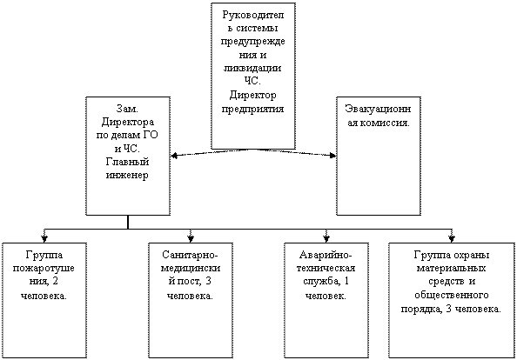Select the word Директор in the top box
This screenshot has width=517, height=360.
coord(253,96)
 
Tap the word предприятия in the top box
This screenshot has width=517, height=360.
coord(253,110)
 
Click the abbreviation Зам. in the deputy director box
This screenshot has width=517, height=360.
coord(128,109)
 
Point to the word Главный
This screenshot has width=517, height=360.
coord(128,162)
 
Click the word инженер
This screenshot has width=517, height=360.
coord(127,176)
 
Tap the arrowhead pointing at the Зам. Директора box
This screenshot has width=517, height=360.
coord(175,156)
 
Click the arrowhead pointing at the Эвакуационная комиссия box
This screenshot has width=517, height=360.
coord(332,155)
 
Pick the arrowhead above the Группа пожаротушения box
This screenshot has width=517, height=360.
coord(44,238)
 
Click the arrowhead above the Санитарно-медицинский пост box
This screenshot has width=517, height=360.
coord(191,238)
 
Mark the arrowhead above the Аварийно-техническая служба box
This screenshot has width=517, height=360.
coord(326,238)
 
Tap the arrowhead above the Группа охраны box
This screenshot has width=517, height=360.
coord(452,238)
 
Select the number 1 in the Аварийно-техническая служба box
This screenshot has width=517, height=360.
coord(346,282)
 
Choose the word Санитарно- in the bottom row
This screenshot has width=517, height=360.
coord(191,256)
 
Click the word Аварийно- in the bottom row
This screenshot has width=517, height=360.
coord(326,256)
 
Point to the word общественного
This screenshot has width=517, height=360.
coord(452,295)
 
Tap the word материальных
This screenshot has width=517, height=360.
coord(452,269)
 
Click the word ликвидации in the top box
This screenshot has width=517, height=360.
coord(252,69)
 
